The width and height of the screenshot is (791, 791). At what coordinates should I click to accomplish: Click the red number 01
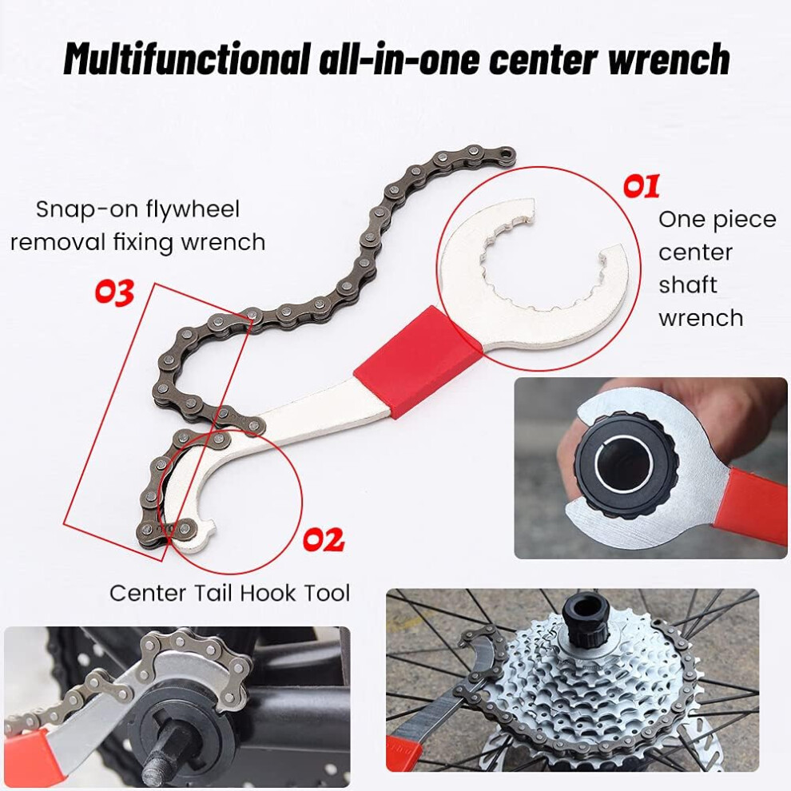coord(641,186)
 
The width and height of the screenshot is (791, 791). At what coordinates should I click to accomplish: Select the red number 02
coord(324,539)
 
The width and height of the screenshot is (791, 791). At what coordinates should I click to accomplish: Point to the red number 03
coord(114,292)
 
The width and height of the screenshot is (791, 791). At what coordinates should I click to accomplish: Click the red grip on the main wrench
coord(418,361)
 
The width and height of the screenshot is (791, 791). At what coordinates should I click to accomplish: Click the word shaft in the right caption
coord(687,284)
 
